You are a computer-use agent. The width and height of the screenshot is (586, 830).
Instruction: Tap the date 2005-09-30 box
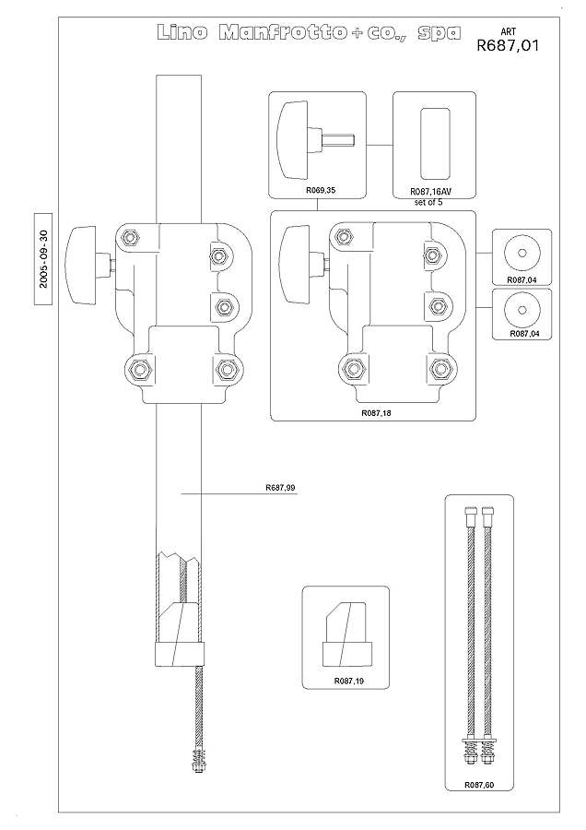pos(43,259)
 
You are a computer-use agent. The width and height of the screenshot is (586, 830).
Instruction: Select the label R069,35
pos(321,191)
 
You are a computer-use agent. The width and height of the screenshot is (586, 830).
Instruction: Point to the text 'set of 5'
pos(428,202)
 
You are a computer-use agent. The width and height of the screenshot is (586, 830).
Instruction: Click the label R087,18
pos(376,413)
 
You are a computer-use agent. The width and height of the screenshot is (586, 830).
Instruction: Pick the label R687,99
pos(280,488)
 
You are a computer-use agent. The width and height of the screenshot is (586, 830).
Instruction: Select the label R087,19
pos(348,681)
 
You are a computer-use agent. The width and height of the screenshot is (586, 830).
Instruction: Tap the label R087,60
pos(479,785)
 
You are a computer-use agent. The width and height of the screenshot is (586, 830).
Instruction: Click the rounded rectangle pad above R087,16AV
pos(435,144)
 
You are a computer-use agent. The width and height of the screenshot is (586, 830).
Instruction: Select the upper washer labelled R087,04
pos(522,253)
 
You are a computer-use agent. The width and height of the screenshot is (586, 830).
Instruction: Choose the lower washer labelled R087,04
pos(522,310)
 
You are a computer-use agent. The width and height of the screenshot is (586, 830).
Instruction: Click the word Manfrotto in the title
pos(283,33)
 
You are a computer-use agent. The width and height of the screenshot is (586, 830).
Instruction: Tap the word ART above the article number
pos(509,31)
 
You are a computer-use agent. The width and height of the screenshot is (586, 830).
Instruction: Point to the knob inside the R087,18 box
pos(301,264)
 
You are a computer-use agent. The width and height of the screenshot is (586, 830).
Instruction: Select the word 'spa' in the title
pos(439,34)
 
